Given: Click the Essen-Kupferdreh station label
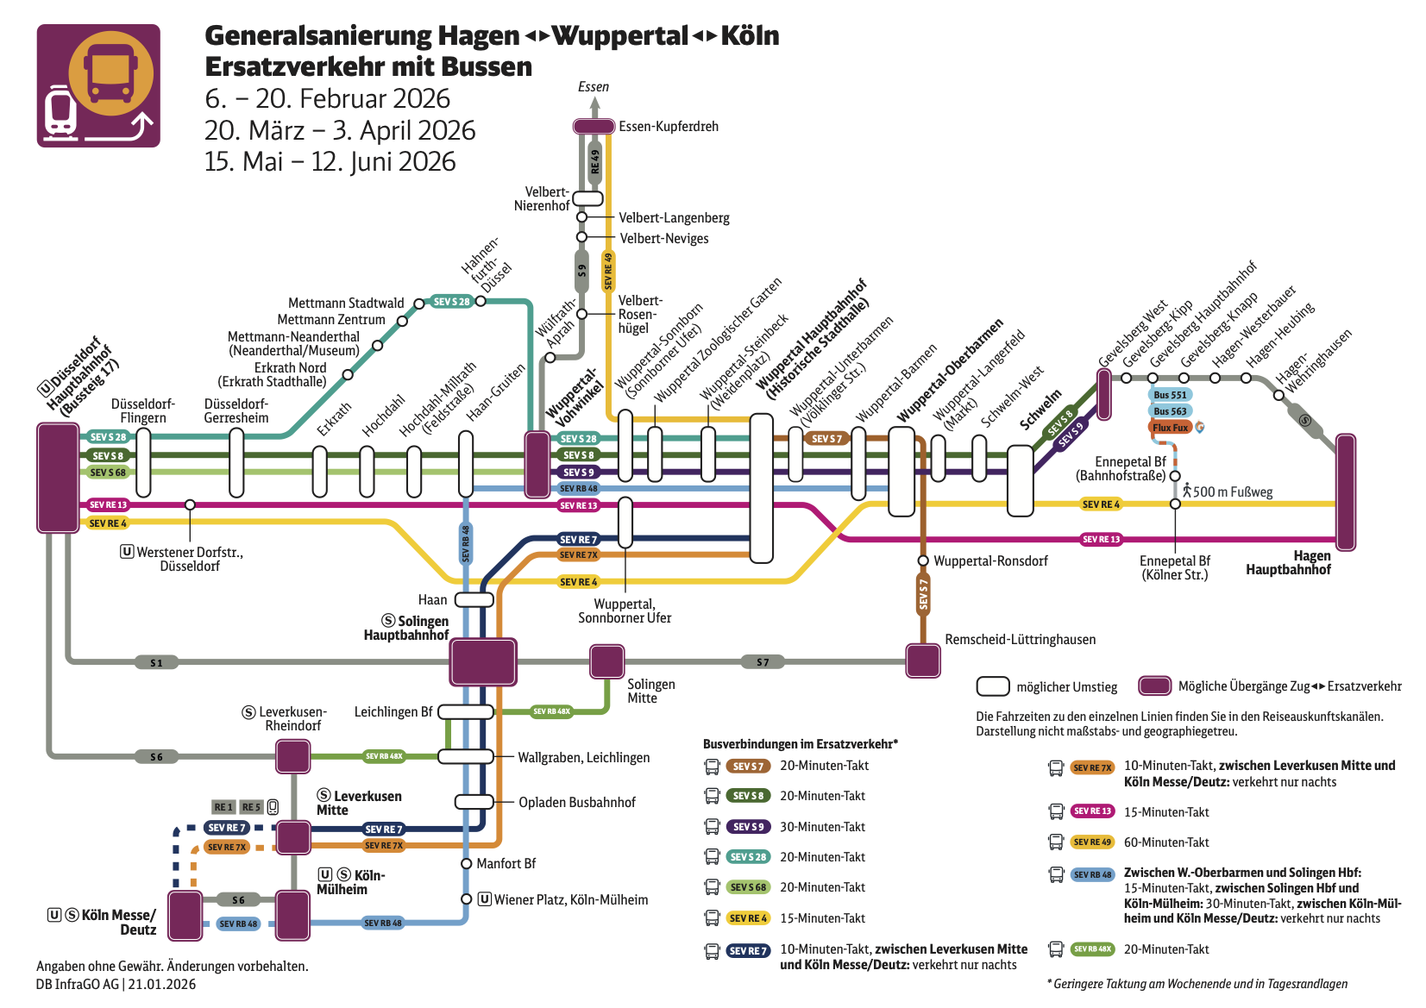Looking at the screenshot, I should tap(668, 127).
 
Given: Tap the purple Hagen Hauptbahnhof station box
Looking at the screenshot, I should tap(1345, 492).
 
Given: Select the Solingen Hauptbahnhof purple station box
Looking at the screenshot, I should tap(483, 662).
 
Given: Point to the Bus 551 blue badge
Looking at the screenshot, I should tap(1170, 395).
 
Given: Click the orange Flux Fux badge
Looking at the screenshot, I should tap(1170, 428).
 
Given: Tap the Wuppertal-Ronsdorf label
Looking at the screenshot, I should tap(990, 561).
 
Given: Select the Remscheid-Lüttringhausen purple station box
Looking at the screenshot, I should tap(923, 661).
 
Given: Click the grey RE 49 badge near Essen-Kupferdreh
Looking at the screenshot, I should tap(594, 161).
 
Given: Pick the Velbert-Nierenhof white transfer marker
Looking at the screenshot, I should tap(587, 198).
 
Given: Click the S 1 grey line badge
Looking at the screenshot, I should tap(156, 663).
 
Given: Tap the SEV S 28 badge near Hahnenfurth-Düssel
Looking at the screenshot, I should tap(452, 302).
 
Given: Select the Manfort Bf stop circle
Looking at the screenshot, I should tap(466, 863).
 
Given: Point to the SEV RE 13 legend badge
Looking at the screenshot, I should tap(1092, 811).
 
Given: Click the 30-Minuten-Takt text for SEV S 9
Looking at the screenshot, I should tap(822, 827).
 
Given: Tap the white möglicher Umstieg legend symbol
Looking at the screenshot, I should tap(993, 686).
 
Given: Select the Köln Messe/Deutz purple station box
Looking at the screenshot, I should tap(185, 916).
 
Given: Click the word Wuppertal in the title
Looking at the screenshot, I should tap(619, 36).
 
